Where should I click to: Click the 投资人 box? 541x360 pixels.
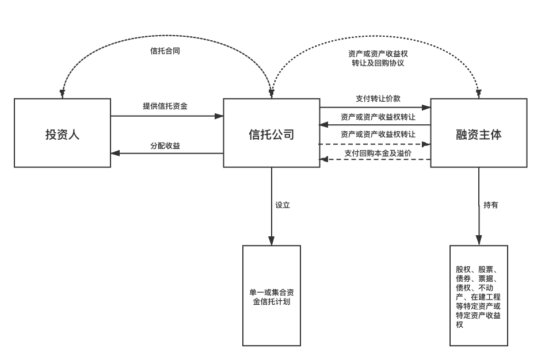pos(62,133)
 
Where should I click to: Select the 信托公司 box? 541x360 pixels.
pos(271,133)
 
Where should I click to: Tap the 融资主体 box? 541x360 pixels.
pos(478,133)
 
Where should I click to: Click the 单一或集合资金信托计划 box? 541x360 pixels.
pos(271,296)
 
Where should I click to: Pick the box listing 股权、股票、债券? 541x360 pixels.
pos(478,296)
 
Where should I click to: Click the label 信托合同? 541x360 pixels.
pos(165,51)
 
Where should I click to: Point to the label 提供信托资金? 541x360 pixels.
pos(165,106)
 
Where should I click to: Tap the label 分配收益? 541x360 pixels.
pos(165,145)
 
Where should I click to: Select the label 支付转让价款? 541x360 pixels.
pos(378,98)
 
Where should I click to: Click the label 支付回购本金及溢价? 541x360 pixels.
pos(378,153)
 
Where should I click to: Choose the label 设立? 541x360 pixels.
pos(282,205)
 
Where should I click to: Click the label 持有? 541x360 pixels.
pos(490,205)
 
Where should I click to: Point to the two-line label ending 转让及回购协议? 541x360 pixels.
pos(378,58)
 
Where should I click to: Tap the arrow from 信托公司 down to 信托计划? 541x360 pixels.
pos(272,207)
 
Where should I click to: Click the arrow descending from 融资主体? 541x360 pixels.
pos(479,207)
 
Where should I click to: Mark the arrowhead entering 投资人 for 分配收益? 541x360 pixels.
pos(115,153)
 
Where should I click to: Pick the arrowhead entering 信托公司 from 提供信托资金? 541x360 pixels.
pos(219,116)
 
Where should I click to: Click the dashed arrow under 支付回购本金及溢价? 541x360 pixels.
pos(374,159)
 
